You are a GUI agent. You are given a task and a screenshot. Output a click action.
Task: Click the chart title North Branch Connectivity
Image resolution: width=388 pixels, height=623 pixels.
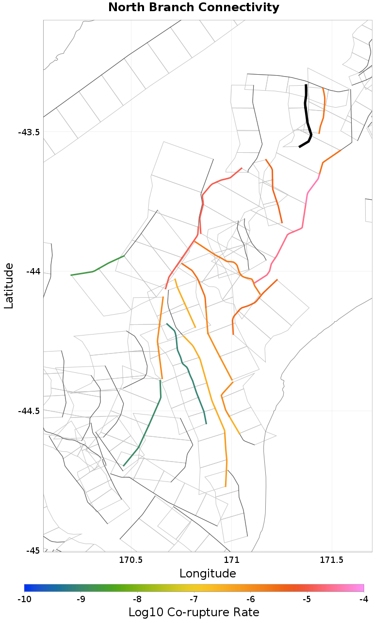[x=194, y=8]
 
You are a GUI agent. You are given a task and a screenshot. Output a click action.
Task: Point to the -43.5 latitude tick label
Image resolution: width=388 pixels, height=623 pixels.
[x=29, y=132]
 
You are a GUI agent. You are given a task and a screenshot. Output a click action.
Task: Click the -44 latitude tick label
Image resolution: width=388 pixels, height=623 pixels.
[x=33, y=272]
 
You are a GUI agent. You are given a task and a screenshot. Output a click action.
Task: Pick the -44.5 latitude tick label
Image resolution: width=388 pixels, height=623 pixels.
[x=29, y=411]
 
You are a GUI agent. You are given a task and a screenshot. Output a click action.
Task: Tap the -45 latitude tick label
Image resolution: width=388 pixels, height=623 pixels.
[x=33, y=551]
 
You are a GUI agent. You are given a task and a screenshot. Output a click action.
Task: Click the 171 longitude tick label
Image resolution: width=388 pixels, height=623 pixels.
[x=231, y=561]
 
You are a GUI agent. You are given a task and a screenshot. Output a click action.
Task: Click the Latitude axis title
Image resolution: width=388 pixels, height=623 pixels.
[x=9, y=286]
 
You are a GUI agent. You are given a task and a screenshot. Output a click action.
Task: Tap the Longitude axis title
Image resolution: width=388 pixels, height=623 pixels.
[x=208, y=574]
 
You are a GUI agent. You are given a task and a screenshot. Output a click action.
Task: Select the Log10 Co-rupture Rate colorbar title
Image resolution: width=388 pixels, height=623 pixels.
[x=194, y=612]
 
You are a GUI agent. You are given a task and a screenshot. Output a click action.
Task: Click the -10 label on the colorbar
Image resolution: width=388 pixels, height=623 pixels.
[x=24, y=600]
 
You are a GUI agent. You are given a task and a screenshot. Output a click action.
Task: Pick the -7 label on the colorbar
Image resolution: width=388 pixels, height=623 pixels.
[x=194, y=600]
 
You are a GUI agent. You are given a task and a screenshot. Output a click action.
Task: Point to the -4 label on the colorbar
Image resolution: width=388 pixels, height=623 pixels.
[x=363, y=600]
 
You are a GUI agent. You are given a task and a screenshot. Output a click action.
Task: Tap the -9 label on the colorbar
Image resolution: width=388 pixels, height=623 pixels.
[x=81, y=600]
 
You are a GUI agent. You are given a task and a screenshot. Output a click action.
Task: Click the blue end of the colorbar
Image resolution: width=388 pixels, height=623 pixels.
[x=27, y=588]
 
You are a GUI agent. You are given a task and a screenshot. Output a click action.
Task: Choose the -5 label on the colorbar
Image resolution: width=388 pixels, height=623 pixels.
[x=307, y=600]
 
